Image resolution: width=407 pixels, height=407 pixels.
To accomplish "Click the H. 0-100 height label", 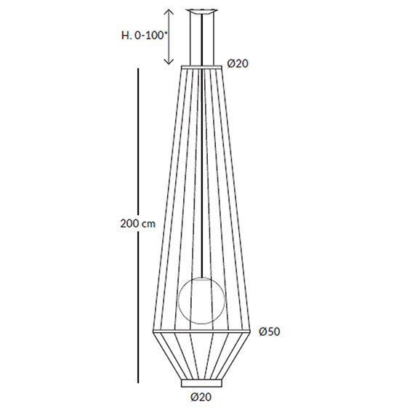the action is tap(143, 36).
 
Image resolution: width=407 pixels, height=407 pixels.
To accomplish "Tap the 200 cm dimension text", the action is tap(138, 223).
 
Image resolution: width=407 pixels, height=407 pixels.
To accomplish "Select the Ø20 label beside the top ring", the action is tap(238, 63).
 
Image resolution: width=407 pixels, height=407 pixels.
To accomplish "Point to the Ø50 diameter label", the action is tap(270, 331).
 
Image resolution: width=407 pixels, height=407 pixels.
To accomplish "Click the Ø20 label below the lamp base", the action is tap(201, 397).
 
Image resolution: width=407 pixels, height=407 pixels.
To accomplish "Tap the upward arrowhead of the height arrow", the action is tap(169, 12).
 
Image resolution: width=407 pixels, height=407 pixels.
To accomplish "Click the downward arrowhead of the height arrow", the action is tap(169, 61).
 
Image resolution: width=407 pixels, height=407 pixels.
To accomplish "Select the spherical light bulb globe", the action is tap(202, 301).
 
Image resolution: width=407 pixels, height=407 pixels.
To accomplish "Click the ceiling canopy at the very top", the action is tap(202, 11).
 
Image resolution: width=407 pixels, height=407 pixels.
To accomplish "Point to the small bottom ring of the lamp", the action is tap(202, 383).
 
